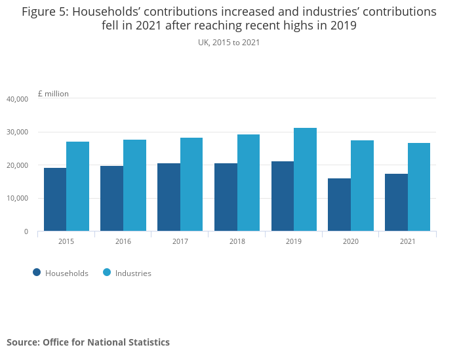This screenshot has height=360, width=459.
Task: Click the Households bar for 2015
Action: (55, 199)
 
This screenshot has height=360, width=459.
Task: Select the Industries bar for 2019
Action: (305, 180)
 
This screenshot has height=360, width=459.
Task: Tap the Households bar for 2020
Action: (339, 205)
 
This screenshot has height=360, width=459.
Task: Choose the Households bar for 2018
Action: (226, 197)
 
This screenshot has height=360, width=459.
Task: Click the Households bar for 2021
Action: (396, 203)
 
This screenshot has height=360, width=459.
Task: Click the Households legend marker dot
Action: (37, 273)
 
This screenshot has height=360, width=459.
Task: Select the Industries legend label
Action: (133, 273)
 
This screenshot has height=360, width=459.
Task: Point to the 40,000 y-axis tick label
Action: (17, 99)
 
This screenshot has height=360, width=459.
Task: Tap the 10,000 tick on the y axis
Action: (17, 199)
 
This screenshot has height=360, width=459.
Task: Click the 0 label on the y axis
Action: (26, 231)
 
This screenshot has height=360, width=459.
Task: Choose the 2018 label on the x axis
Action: (237, 241)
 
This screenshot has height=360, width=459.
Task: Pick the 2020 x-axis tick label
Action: (351, 241)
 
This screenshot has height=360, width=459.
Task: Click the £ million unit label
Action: (53, 94)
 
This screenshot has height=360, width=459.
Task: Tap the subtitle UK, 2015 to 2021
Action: (229, 43)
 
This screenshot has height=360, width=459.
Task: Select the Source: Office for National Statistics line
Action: (88, 342)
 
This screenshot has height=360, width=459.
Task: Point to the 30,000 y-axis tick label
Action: (17, 132)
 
